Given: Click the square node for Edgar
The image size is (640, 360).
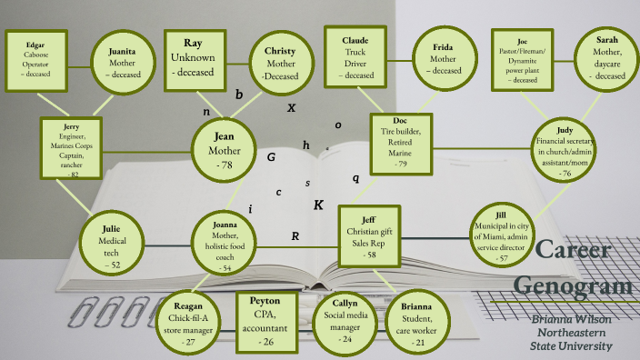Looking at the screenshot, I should pyautogui.click(x=35, y=59).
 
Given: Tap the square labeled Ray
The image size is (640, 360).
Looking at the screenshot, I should pyautogui.click(x=194, y=59).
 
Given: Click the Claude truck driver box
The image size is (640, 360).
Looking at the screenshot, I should pyautogui.click(x=355, y=59).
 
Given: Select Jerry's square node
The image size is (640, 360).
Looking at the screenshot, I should pyautogui.click(x=72, y=148).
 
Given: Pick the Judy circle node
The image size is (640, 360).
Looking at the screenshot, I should pyautogui.click(x=565, y=147).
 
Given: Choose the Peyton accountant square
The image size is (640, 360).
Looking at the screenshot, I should pyautogui.click(x=267, y=320).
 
